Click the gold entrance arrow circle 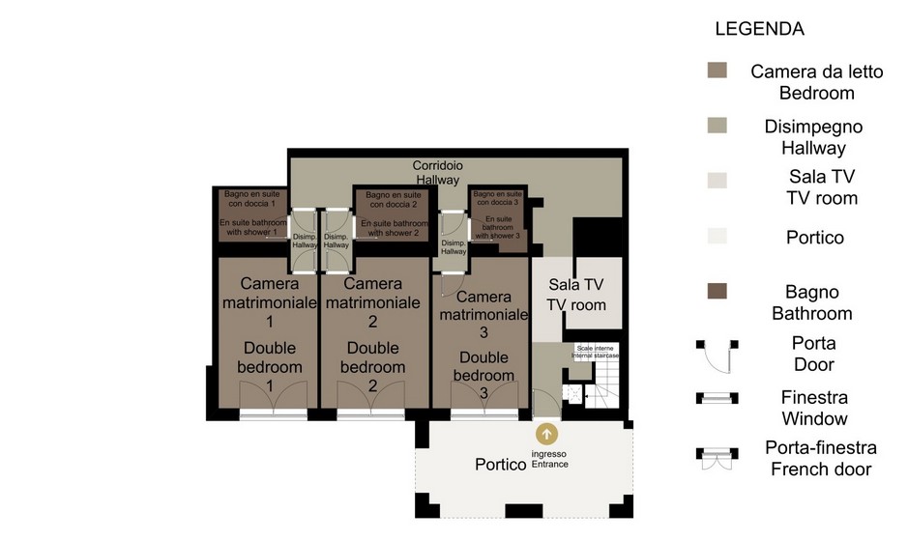546,434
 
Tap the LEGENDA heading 759,29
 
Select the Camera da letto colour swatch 717,70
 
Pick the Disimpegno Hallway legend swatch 717,126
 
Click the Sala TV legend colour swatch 717,180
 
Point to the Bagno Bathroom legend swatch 717,291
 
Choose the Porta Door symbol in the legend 717,356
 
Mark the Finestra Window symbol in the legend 717,398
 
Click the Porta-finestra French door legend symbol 717,458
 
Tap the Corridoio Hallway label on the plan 438,172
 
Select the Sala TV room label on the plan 576,295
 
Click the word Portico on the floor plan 500,465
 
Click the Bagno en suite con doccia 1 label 252,198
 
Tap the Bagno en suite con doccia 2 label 394,200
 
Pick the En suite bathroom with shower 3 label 498,227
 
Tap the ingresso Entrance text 549,459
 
